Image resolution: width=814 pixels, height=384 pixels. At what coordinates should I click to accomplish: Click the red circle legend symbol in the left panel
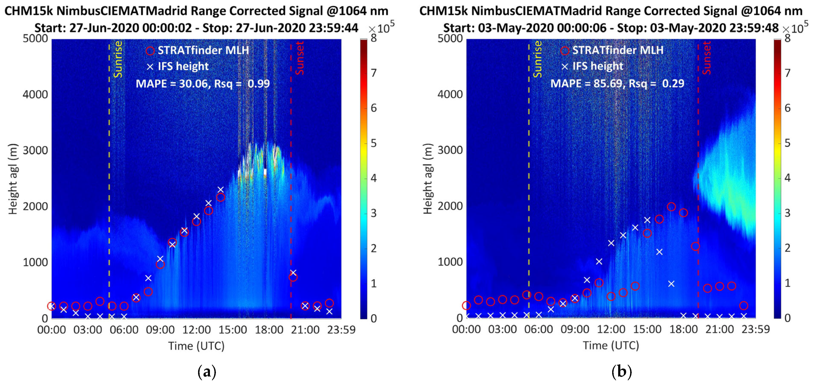click(150, 50)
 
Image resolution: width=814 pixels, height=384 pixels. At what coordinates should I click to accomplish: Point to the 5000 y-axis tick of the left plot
click(35, 39)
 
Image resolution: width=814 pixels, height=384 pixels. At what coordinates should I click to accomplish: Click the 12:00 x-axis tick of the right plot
click(611, 329)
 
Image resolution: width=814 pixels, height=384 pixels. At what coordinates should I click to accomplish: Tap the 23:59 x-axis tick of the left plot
click(341, 330)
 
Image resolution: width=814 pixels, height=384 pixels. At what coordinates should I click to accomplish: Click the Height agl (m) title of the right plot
click(427, 179)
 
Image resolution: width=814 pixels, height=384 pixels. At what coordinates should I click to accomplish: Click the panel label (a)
click(207, 372)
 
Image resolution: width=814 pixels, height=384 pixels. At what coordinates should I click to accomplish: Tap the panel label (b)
click(621, 372)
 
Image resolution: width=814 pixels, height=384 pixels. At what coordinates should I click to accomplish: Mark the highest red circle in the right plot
click(671, 207)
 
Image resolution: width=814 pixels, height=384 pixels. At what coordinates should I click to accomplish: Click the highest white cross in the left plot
click(221, 189)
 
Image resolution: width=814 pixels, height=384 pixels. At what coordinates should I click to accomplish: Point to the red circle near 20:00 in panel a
click(293, 277)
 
